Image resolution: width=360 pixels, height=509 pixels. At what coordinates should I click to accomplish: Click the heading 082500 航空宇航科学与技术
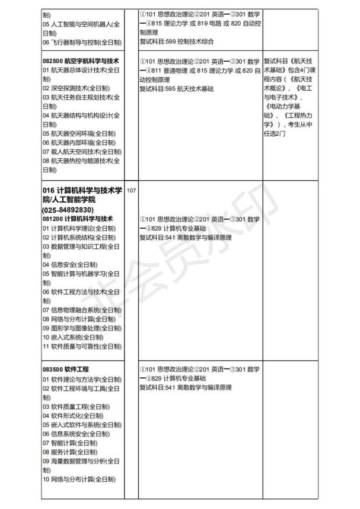[81, 61]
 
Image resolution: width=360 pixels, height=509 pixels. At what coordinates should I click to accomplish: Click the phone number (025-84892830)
[68, 210]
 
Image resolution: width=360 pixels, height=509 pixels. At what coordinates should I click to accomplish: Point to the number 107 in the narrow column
[131, 191]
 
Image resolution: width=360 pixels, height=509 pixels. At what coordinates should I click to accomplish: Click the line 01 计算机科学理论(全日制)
[78, 228]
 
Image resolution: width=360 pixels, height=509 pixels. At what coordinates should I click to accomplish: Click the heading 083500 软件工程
[65, 369]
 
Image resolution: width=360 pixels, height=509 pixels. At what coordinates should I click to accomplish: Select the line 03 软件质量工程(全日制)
[73, 406]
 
